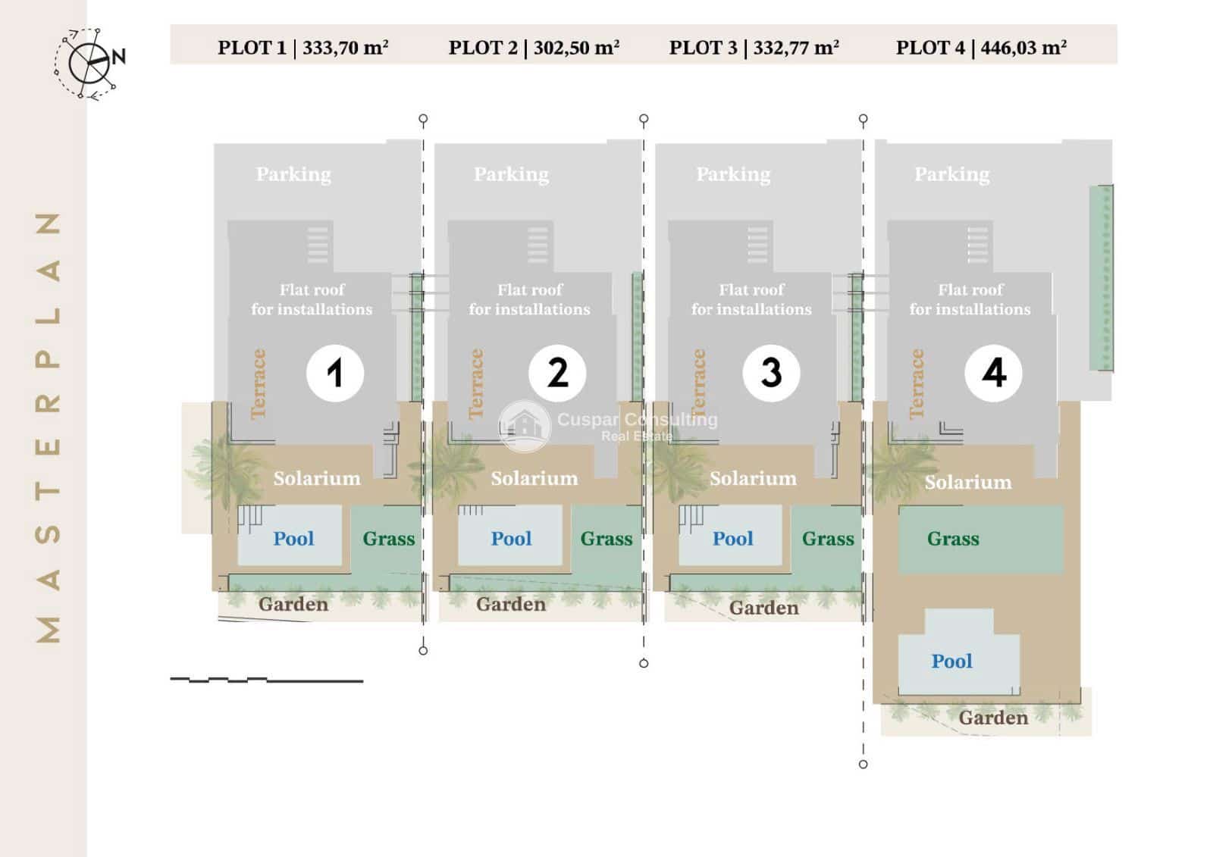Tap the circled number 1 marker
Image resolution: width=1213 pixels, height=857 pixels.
(x=334, y=373)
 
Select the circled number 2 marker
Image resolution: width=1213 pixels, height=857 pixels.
(x=557, y=373)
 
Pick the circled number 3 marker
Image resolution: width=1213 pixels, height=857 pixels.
(x=771, y=373)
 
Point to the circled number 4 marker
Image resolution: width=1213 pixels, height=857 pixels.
(x=993, y=373)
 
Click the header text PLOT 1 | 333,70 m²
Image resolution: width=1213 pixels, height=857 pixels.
(x=303, y=48)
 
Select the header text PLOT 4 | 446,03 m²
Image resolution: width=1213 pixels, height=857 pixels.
(x=981, y=48)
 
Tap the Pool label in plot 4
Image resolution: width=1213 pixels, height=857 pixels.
(x=951, y=662)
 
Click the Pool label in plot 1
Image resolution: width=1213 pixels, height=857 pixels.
(x=293, y=539)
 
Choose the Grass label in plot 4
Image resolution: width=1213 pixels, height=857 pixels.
(x=953, y=539)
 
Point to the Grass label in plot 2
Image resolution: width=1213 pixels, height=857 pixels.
(x=606, y=539)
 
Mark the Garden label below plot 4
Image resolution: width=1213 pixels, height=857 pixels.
(x=993, y=718)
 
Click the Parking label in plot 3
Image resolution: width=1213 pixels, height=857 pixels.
(x=733, y=174)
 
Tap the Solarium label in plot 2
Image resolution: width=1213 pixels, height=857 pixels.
(x=534, y=478)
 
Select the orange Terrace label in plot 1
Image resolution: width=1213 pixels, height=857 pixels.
(x=259, y=383)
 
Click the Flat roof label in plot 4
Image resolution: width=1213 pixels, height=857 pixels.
(x=970, y=299)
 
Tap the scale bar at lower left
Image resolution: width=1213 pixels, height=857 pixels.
(x=267, y=680)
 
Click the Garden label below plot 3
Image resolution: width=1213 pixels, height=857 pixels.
(x=763, y=608)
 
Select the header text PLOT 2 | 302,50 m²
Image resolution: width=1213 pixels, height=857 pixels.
(x=534, y=48)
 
